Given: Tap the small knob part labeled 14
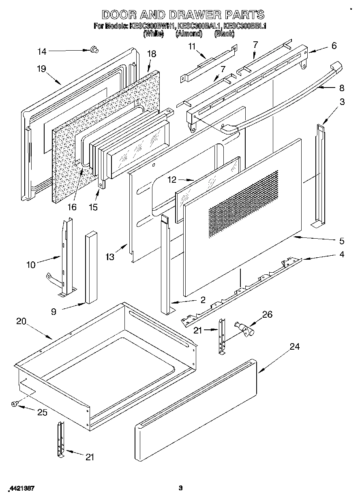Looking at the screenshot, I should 94,50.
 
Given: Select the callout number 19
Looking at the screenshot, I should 41,68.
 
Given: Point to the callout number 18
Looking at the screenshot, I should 151,54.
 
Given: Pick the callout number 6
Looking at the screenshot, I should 334,46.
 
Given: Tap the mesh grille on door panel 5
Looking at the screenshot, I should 243,203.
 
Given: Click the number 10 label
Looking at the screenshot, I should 31,265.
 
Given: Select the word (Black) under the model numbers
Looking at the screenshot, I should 224,34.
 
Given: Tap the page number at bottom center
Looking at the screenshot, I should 181,488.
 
